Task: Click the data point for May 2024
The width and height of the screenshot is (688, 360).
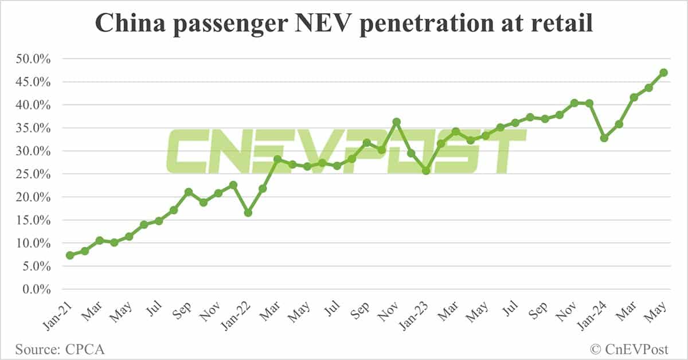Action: [663, 73]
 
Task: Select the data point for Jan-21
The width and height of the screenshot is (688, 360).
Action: [70, 255]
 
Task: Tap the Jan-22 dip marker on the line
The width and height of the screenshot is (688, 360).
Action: [248, 213]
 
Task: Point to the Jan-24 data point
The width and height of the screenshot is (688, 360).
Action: [604, 138]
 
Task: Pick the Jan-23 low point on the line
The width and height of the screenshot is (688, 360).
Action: [425, 171]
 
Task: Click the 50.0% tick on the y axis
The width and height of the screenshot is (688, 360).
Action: [34, 59]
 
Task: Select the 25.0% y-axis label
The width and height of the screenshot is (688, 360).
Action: [34, 174]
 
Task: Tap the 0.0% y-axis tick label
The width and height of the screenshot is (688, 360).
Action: [36, 289]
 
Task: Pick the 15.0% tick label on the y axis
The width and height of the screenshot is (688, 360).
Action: [34, 220]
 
